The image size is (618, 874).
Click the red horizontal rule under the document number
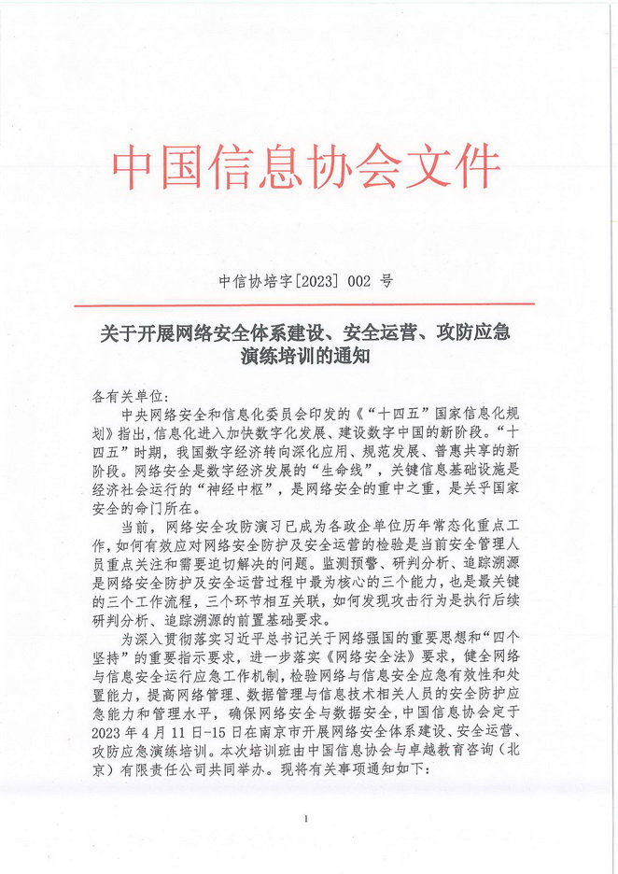coord(309,304)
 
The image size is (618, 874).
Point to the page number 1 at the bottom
coord(305,819)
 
